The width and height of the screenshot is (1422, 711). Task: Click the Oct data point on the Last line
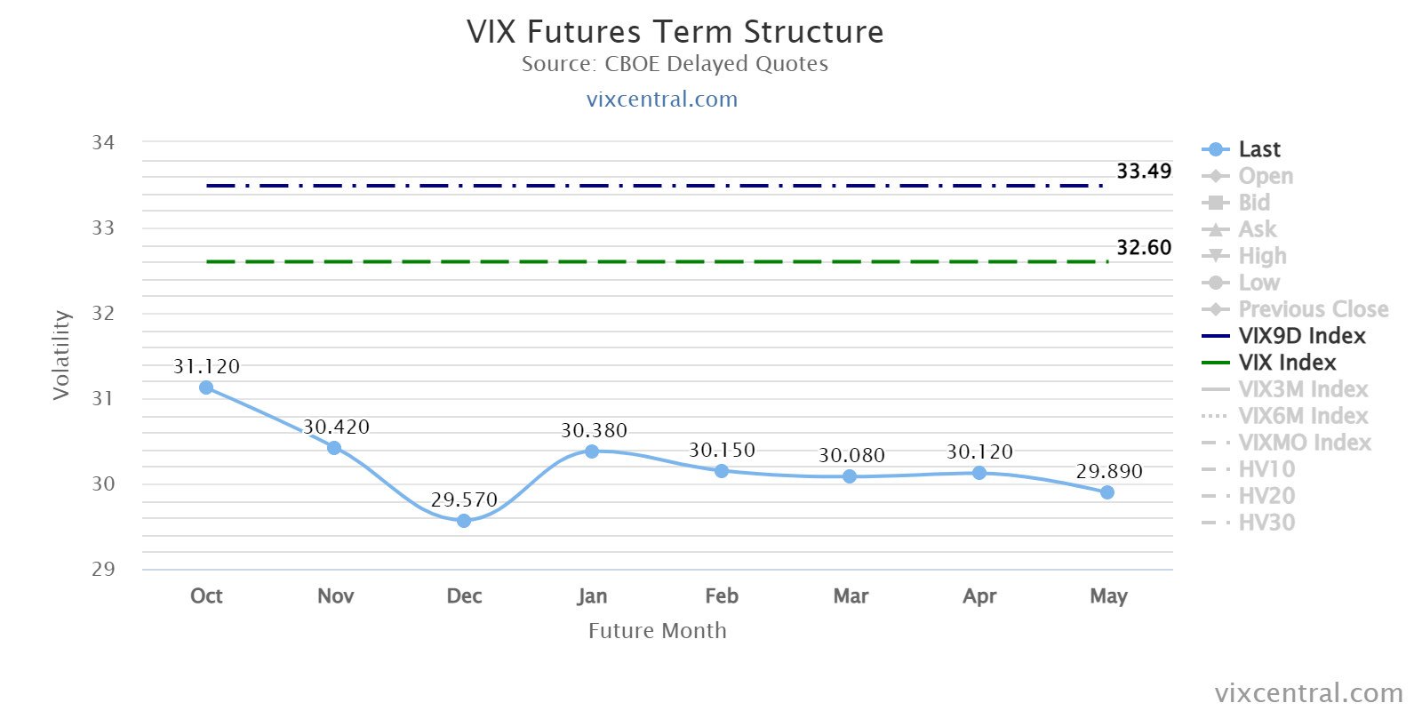(x=206, y=387)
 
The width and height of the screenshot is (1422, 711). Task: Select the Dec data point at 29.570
(x=464, y=521)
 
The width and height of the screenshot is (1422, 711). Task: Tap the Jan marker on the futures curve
(x=592, y=451)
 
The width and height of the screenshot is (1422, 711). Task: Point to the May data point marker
(x=1107, y=492)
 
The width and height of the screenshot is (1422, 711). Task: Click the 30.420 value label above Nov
(x=336, y=427)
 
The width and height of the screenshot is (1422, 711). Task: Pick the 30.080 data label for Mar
(x=851, y=455)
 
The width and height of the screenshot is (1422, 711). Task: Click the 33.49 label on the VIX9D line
(x=1144, y=171)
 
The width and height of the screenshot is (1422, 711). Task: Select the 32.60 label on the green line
(x=1144, y=247)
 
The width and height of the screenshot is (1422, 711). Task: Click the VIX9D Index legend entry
(x=1283, y=335)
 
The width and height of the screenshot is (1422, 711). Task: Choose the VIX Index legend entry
(x=1269, y=362)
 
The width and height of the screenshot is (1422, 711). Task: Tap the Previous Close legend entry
(x=1295, y=308)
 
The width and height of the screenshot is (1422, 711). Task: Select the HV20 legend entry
(x=1248, y=495)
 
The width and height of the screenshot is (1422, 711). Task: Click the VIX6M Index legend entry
(x=1285, y=415)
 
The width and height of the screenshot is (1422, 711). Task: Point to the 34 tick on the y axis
(x=103, y=142)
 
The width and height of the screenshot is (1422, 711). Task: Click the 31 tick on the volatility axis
(x=103, y=398)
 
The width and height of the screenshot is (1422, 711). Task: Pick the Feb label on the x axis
(x=722, y=595)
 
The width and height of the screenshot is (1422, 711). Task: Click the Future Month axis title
(x=657, y=630)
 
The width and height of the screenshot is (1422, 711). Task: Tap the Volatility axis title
(x=61, y=355)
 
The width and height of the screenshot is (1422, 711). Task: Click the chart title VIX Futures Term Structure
(x=675, y=32)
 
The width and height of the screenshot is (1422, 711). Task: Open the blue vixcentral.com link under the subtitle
(x=662, y=99)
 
